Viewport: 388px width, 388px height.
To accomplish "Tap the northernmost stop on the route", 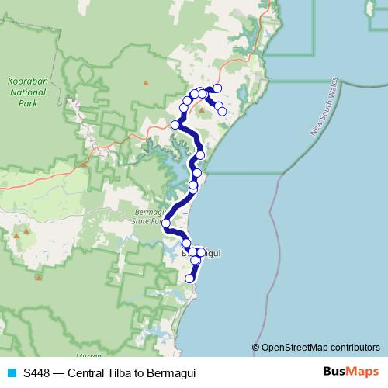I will pyautogui.click(x=217, y=88).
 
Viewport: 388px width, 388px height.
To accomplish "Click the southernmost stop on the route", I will pyautogui.click(x=189, y=279).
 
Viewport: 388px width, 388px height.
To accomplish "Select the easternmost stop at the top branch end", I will pyautogui.click(x=223, y=112).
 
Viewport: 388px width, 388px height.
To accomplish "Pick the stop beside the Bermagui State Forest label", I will pyautogui.click(x=166, y=223).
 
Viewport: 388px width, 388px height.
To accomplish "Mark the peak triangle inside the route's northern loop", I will pyautogui.click(x=202, y=109).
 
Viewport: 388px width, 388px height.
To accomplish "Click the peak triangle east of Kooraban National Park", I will pyautogui.click(x=145, y=81).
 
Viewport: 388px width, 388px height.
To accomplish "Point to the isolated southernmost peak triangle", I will pyautogui.click(x=39, y=275).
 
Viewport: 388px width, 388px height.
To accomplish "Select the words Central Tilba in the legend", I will pyautogui.click(x=99, y=373).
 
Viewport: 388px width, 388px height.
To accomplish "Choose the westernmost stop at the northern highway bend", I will pyautogui.click(x=176, y=124).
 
